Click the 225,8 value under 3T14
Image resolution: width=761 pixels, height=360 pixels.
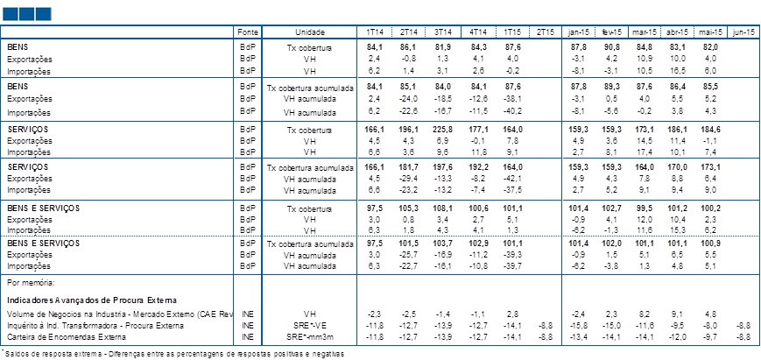pyautogui.click(x=442, y=130)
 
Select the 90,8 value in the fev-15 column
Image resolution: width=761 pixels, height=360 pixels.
pyautogui.click(x=610, y=47)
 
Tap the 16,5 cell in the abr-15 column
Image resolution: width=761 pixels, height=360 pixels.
pyautogui.click(x=679, y=70)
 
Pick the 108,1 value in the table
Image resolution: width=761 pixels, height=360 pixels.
pyautogui.click(x=442, y=208)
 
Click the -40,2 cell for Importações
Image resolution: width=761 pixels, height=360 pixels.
pyautogui.click(x=512, y=112)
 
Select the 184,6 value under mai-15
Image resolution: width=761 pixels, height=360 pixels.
pyautogui.click(x=709, y=130)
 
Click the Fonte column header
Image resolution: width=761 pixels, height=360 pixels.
pyautogui.click(x=248, y=32)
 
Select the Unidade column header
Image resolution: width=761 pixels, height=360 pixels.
pyautogui.click(x=310, y=32)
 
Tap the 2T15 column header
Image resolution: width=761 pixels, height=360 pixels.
pyautogui.click(x=546, y=32)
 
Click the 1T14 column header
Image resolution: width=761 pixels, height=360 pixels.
pyautogui.click(x=374, y=32)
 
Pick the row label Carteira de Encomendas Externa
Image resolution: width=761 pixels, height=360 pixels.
pyautogui.click(x=67, y=336)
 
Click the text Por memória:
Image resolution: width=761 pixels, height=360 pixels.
pyautogui.click(x=27, y=282)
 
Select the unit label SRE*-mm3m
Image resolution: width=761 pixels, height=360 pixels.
pyautogui.click(x=310, y=336)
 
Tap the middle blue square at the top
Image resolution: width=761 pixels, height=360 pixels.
pyautogui.click(x=26, y=14)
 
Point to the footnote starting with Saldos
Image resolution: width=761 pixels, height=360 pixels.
pyautogui.click(x=173, y=354)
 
